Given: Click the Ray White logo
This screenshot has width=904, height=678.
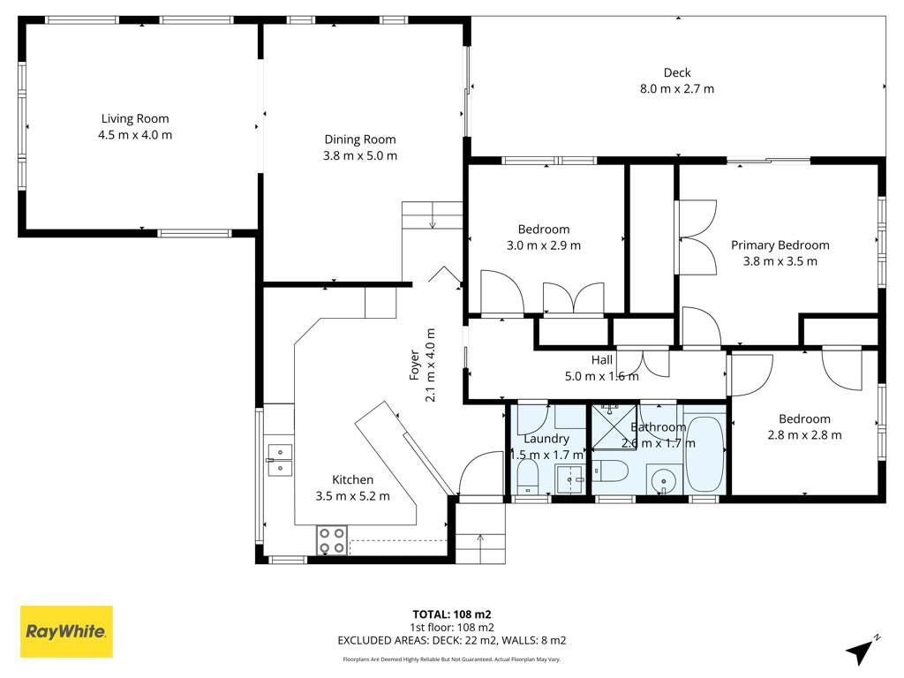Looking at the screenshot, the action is tap(66, 631).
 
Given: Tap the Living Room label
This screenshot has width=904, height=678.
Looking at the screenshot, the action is tap(135, 119).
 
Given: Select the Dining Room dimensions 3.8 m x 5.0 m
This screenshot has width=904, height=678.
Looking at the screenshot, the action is tap(360, 155).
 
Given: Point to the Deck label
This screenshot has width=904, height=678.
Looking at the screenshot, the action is tap(677, 72).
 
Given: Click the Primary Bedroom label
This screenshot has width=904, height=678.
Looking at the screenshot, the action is tap(780, 245).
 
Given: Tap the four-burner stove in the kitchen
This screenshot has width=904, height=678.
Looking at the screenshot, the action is tap(332, 541).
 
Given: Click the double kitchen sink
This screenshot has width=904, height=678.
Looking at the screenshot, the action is tap(280, 460).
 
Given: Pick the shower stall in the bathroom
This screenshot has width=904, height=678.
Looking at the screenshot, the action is tap(614, 427).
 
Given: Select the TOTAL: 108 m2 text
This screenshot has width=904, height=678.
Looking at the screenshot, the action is tap(452, 614).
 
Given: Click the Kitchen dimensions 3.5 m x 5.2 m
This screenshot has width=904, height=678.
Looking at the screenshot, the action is tap(352, 496).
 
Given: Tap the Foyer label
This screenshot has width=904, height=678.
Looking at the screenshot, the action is tap(414, 365).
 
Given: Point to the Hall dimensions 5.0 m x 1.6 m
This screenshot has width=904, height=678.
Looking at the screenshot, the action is tap(601, 376).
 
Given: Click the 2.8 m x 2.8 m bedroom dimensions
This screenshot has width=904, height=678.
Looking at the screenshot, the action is tap(804, 435).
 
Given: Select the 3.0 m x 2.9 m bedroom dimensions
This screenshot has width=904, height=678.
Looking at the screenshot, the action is tap(543, 245).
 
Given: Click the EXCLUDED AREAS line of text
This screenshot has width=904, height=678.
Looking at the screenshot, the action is tap(452, 640).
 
